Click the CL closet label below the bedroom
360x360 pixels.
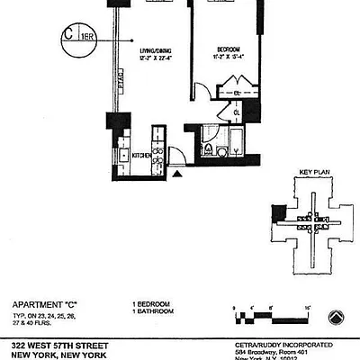pyautogui.click(x=225, y=112)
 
